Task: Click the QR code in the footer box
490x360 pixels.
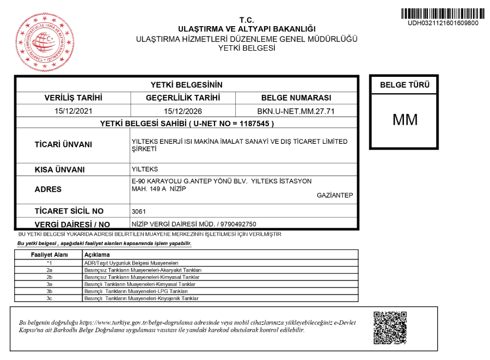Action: click(390, 328)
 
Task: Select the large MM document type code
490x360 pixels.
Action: click(405, 120)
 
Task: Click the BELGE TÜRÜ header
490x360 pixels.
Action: click(405, 85)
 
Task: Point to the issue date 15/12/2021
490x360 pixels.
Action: click(73, 111)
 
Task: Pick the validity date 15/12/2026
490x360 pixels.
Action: click(183, 111)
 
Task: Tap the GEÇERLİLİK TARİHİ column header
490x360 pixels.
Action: click(183, 98)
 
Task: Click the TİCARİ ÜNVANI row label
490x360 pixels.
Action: click(63, 145)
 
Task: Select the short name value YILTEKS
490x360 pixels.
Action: click(145, 169)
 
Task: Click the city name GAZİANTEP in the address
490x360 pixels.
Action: click(335, 196)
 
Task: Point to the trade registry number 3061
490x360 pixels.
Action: click(139, 211)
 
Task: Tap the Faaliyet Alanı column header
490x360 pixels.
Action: click(49, 255)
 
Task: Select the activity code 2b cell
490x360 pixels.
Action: click(49, 277)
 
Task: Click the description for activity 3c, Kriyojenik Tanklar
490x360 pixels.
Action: click(141, 298)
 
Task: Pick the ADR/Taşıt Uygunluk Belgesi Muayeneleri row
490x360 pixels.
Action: click(131, 263)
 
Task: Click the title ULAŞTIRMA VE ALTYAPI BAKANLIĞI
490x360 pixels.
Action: click(247, 29)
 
